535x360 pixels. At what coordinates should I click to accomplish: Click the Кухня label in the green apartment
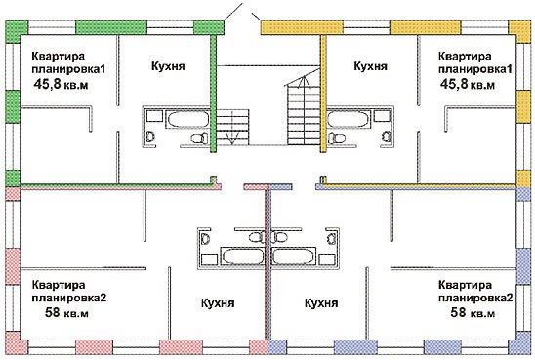point(169,66)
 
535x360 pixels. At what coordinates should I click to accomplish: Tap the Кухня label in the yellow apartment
point(371,66)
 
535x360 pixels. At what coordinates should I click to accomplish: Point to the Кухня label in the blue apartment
point(320,303)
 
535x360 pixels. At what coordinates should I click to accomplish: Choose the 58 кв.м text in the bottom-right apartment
point(473,313)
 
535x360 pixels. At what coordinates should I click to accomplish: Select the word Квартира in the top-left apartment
point(58,57)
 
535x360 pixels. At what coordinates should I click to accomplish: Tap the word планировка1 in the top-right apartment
point(473,70)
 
